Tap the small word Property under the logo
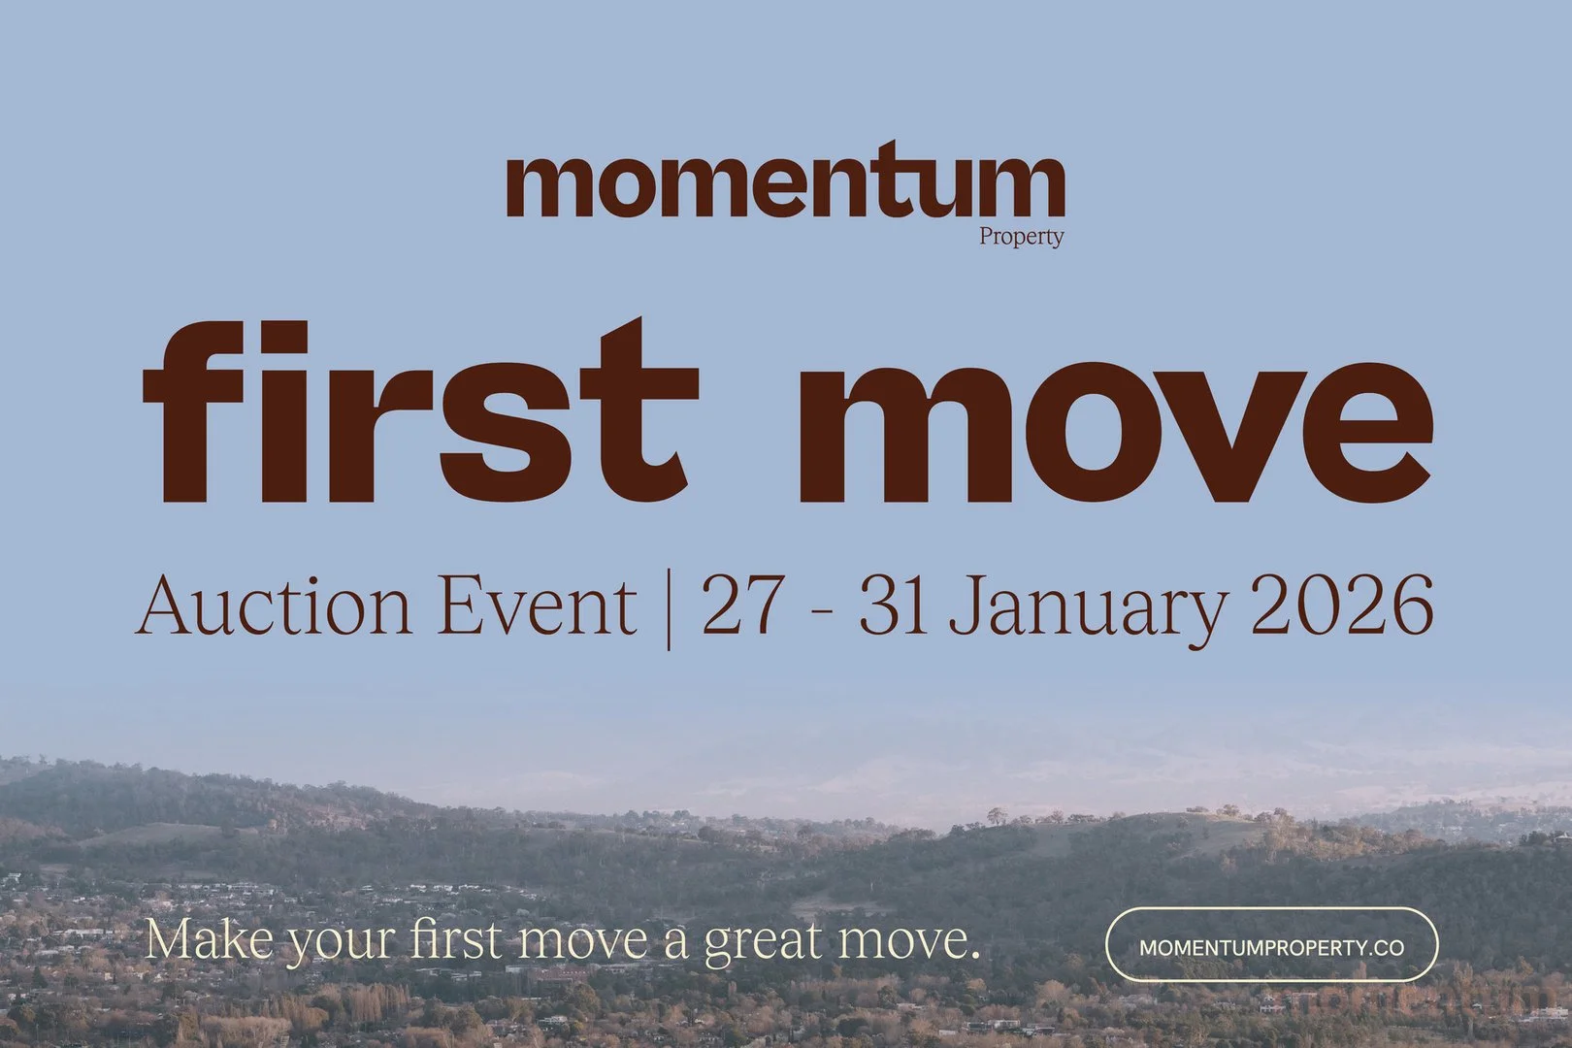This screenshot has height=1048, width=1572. (x=1021, y=238)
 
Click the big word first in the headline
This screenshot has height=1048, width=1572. (x=420, y=410)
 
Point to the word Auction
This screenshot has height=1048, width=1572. (x=273, y=606)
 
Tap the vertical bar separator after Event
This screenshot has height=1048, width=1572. (x=668, y=609)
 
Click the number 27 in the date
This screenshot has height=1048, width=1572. (x=741, y=606)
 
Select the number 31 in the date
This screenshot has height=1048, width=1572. (x=892, y=606)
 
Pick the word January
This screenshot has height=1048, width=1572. (x=1087, y=610)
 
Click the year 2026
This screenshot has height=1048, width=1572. (x=1341, y=606)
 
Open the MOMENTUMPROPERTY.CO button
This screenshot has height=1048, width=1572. (x=1271, y=948)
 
